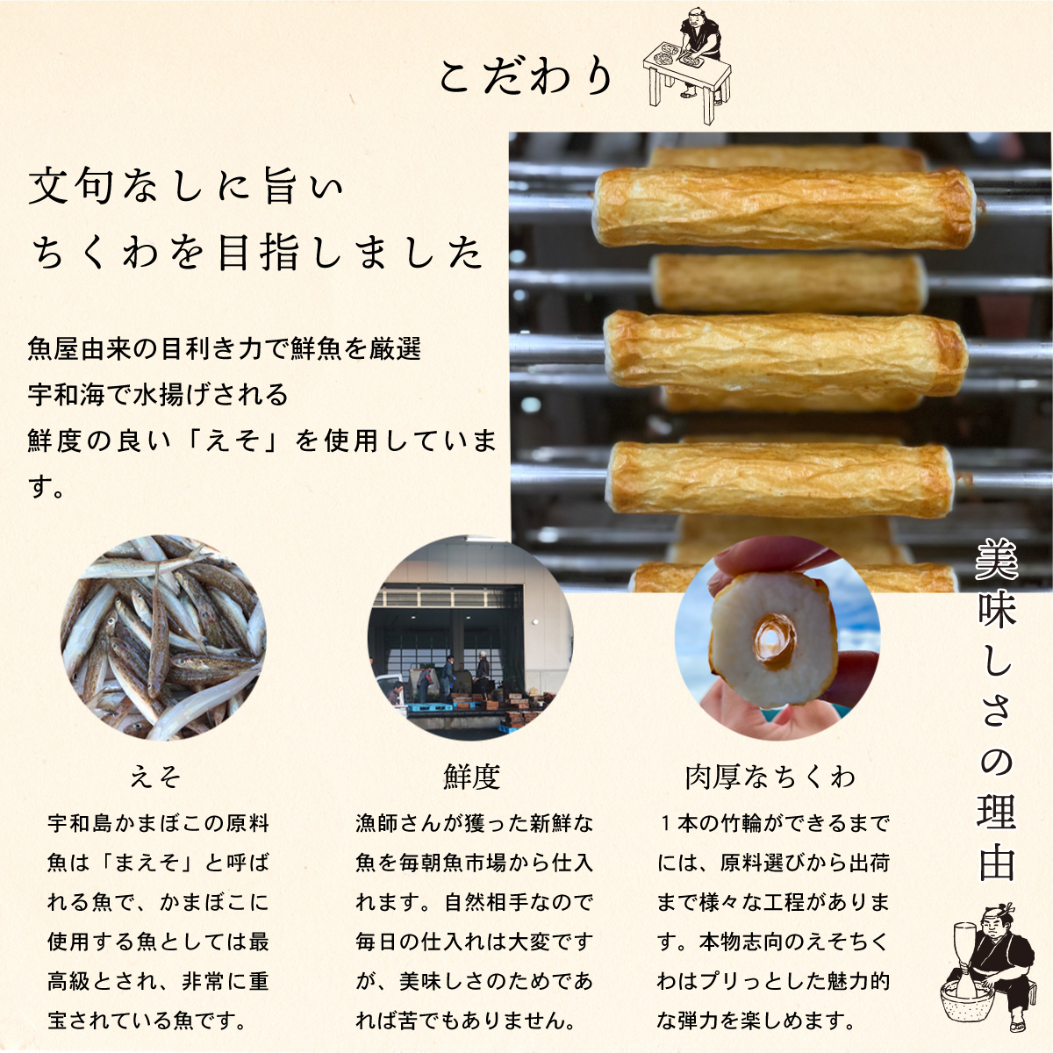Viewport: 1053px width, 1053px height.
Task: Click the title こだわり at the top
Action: [526, 77]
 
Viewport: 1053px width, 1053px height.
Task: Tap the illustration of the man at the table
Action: [689, 60]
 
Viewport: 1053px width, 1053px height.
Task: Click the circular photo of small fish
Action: [163, 639]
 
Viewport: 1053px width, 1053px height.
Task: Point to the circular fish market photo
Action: [470, 639]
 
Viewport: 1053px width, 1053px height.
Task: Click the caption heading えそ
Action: [156, 777]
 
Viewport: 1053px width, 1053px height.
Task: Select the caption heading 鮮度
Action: [471, 777]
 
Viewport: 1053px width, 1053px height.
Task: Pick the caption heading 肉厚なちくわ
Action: [770, 777]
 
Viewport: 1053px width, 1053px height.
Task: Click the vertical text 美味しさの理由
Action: [997, 711]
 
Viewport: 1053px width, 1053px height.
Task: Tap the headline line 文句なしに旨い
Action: [186, 187]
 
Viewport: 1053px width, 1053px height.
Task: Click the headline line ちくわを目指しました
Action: [256, 253]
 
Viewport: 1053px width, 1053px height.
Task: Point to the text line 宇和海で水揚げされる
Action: [158, 395]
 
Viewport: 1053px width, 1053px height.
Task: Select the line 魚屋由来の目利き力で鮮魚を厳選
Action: [225, 349]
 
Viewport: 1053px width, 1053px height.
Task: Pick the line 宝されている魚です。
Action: [147, 1021]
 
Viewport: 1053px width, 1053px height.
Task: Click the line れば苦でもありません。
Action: [465, 1021]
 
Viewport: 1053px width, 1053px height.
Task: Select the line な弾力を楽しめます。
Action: [756, 1021]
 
